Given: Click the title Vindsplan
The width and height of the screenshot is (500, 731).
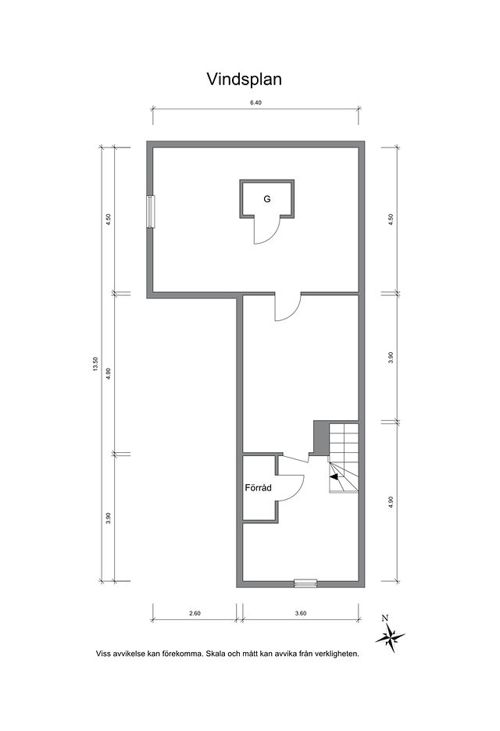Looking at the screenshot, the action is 244,79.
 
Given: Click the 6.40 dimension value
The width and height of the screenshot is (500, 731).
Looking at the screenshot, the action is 255,103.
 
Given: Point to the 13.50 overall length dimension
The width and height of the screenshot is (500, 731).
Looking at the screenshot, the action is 95,364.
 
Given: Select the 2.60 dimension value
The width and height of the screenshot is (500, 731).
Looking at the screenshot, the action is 195,613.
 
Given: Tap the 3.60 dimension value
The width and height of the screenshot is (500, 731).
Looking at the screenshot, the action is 301,613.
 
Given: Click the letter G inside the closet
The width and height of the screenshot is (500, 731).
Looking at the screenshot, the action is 267,199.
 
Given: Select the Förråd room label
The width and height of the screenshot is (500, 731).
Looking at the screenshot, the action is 259,488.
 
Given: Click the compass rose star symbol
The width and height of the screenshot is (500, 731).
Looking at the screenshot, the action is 390,637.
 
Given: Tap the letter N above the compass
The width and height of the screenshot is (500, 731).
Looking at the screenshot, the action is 385,619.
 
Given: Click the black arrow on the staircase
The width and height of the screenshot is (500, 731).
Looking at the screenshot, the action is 334,476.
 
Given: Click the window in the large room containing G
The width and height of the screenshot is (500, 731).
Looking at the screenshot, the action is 150,212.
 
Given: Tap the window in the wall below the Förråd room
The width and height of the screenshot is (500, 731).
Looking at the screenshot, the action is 305,583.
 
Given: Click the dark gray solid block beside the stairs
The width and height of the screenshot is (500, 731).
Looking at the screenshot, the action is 321,437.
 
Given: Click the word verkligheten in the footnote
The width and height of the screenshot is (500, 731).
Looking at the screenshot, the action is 337,654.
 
